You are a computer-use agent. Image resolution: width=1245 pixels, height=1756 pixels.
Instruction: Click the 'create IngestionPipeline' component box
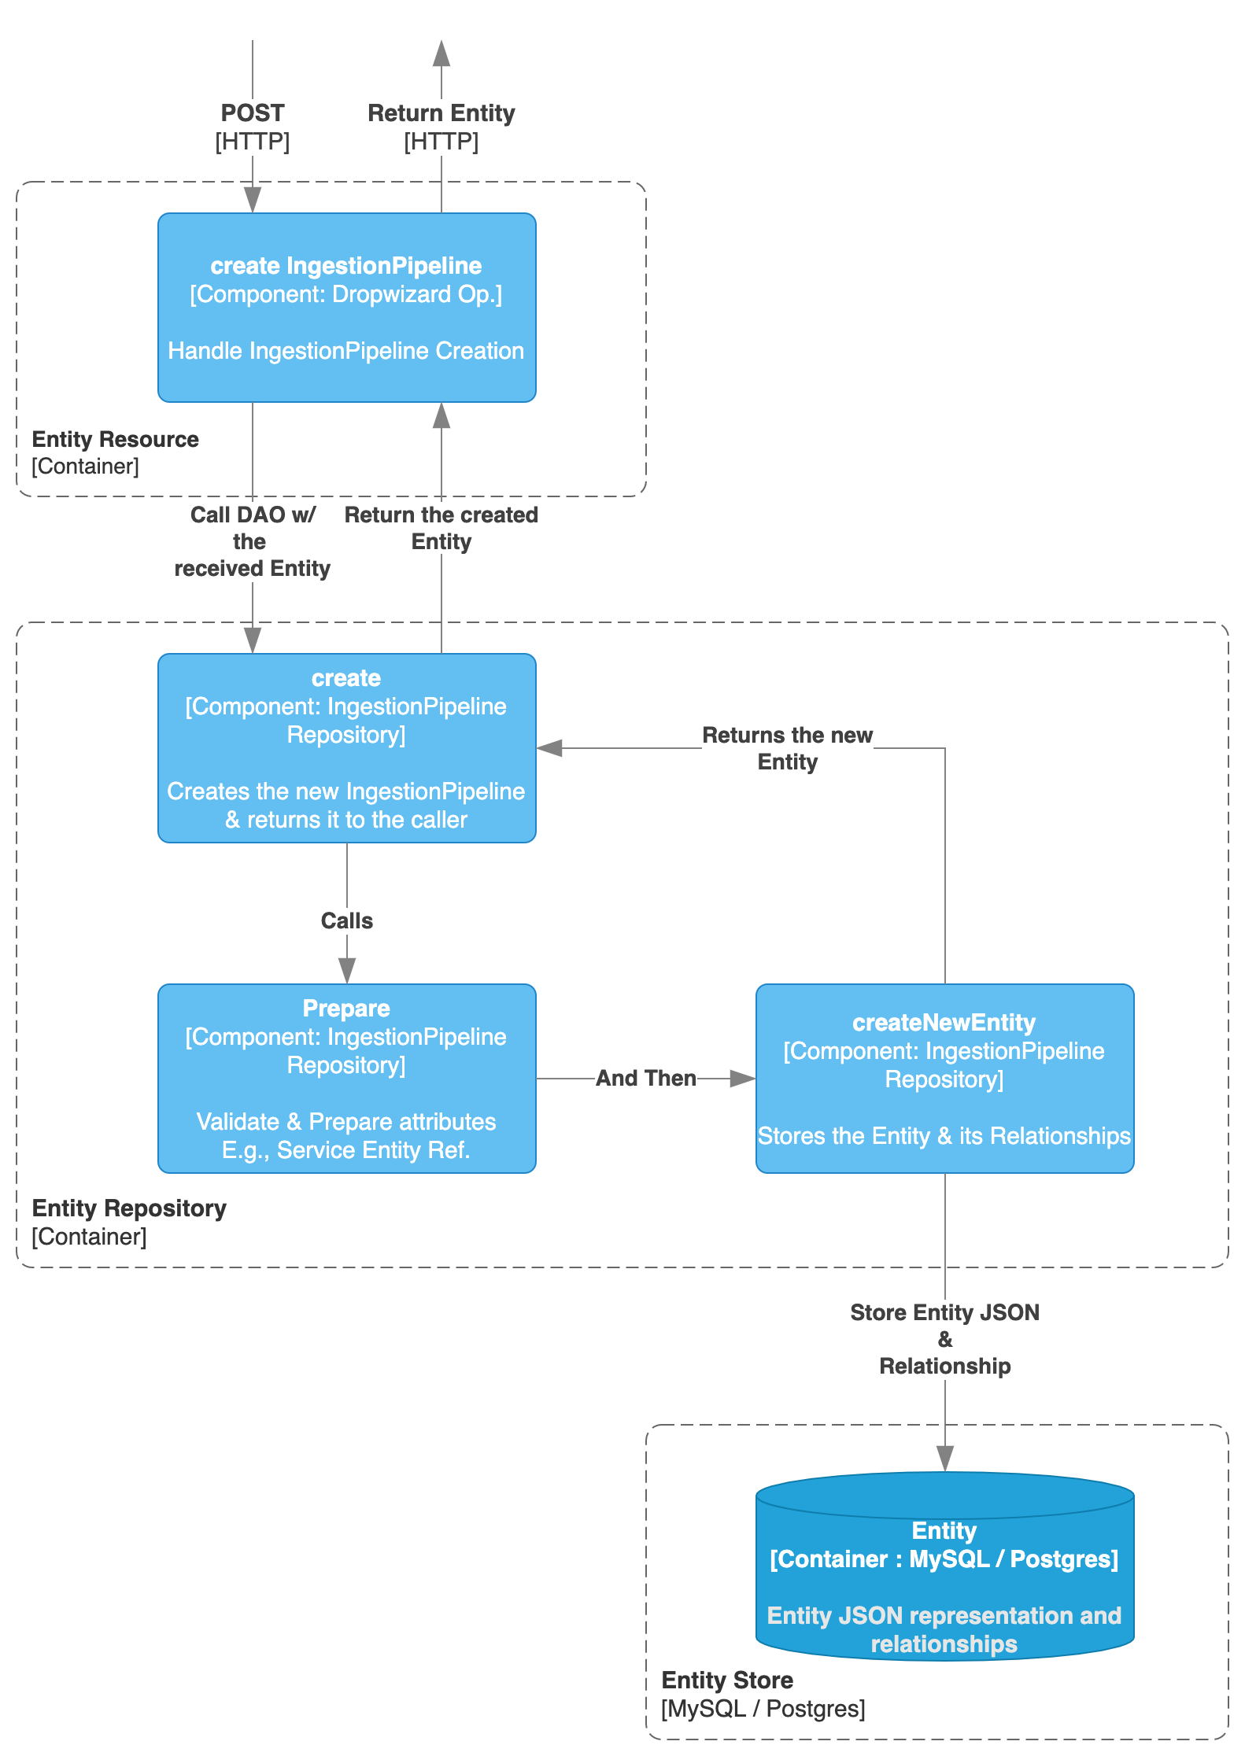(x=346, y=308)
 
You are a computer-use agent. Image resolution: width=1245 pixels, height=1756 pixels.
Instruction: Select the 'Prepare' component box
(x=346, y=1079)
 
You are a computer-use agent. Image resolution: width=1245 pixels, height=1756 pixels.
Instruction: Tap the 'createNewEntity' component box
(x=944, y=1079)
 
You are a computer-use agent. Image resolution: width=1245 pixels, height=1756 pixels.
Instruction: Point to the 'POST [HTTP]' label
(x=252, y=127)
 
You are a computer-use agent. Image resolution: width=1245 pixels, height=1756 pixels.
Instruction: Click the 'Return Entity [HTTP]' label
(x=441, y=127)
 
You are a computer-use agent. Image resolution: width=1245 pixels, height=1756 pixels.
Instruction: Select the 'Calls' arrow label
(x=346, y=920)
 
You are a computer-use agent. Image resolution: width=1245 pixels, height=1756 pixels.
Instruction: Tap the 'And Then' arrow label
(x=645, y=1078)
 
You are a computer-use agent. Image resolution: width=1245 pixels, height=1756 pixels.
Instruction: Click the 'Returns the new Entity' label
(x=787, y=748)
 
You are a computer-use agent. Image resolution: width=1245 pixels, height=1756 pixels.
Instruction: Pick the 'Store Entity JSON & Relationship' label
(x=944, y=1339)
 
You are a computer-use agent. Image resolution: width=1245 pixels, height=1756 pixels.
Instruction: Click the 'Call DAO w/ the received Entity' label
(x=252, y=541)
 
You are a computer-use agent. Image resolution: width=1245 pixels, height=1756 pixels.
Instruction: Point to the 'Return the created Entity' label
(x=441, y=528)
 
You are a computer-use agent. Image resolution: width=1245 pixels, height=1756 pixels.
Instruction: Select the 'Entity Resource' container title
(x=115, y=439)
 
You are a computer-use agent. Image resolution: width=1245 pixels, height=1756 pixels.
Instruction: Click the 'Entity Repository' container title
(x=129, y=1208)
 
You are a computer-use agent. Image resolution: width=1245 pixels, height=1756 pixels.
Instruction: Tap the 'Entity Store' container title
(x=727, y=1680)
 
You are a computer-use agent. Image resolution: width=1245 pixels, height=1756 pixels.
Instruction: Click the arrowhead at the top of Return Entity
(x=441, y=53)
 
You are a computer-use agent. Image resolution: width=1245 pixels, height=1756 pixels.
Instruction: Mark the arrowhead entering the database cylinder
(x=945, y=1459)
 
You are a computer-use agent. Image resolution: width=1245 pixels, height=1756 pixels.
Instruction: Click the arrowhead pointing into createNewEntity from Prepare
(x=742, y=1078)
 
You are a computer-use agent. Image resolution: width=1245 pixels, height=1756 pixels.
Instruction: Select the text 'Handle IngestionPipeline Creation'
(x=346, y=351)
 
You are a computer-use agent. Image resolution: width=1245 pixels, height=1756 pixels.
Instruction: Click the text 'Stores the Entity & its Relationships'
(x=944, y=1136)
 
